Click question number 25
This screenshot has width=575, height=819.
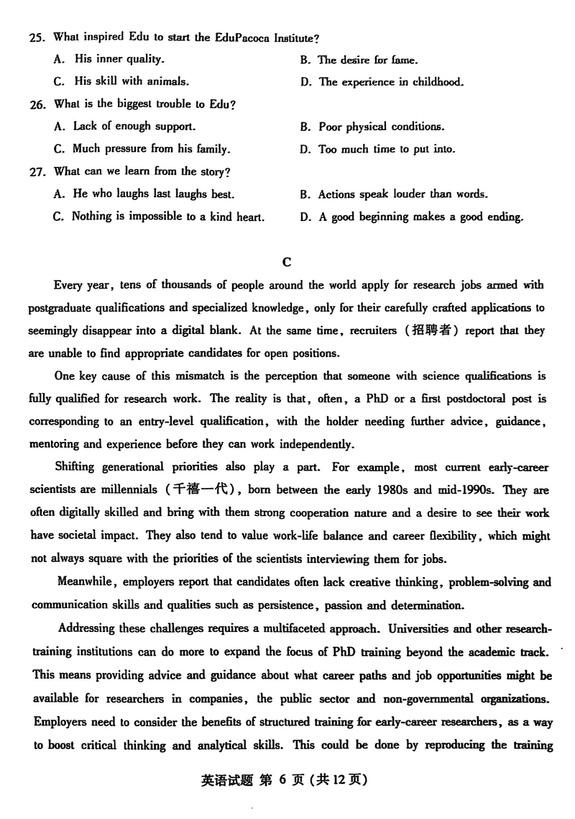coord(38,37)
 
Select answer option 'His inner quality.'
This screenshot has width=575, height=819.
coord(119,59)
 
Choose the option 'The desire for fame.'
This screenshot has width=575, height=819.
coord(368,60)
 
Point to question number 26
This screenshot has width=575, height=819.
coord(38,104)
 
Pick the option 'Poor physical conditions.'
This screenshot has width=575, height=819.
coord(381,127)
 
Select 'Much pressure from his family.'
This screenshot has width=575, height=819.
coord(151,149)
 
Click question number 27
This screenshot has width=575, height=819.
coord(38,171)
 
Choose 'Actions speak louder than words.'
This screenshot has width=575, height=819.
coord(402,194)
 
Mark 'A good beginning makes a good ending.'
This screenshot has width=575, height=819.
coord(421,217)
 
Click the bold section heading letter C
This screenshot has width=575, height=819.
coord(287,262)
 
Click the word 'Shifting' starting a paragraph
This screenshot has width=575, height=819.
coord(75,467)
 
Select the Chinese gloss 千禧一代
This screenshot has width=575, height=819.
coord(197,490)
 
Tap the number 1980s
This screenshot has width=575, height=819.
coord(392,490)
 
